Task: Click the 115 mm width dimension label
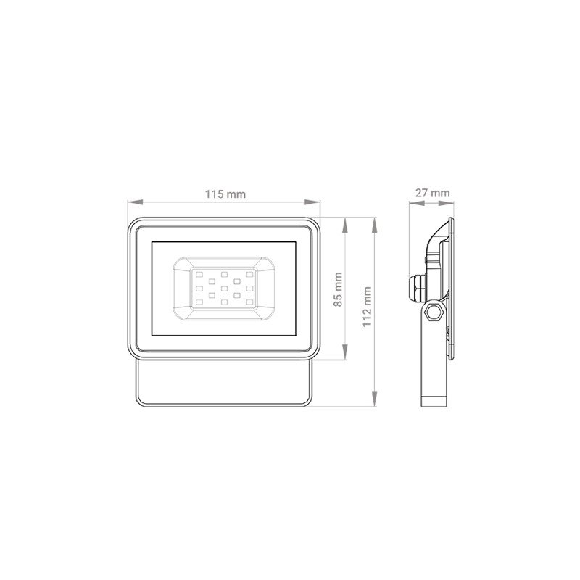[x=224, y=194]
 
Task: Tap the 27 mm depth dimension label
[x=432, y=193]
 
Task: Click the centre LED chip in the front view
[x=224, y=288]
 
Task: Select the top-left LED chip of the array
[x=199, y=275]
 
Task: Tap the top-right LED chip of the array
[x=249, y=275]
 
